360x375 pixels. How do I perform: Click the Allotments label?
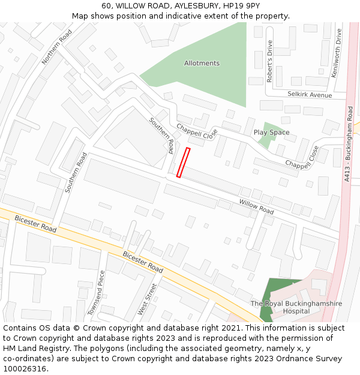click(202, 63)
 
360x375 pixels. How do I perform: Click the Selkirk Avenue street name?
click(309, 95)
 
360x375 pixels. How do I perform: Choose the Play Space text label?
click(271, 132)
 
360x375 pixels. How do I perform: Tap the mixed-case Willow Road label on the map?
click(256, 207)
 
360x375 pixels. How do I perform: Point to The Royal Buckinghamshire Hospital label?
click(296, 307)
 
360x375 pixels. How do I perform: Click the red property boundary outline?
click(183, 163)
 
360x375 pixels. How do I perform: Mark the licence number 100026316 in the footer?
click(25, 368)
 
